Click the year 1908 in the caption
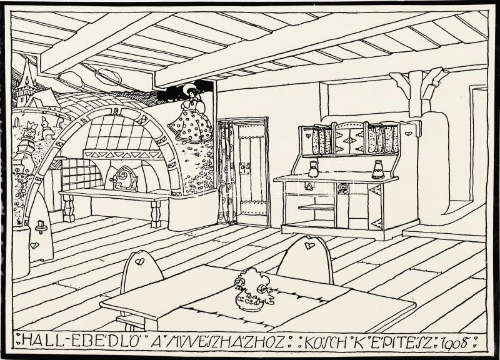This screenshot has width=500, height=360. point(457,342)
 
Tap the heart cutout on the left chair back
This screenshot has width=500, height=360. point(141,257)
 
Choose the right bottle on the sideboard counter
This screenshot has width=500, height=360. point(378,169)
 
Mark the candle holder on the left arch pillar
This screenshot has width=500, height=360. point(42,225)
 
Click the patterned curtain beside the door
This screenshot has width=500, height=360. point(226,172)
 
